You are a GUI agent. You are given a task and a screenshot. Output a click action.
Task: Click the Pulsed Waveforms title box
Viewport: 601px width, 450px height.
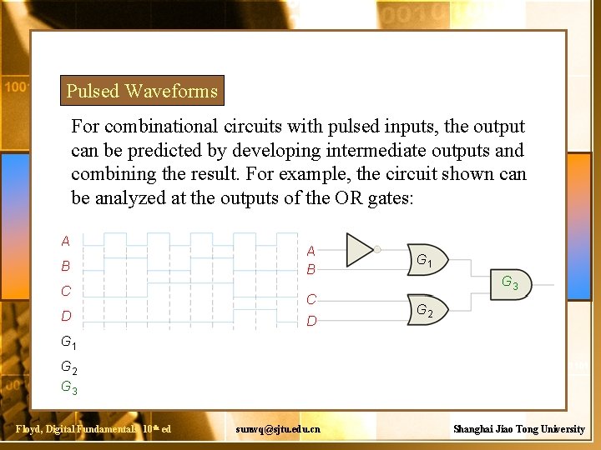point(142,91)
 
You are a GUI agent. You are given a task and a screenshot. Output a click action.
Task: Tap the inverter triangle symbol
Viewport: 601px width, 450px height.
point(359,248)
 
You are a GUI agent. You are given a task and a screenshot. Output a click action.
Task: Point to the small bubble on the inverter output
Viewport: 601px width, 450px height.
point(377,248)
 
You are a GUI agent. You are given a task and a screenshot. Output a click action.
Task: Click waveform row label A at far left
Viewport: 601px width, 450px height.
point(66,242)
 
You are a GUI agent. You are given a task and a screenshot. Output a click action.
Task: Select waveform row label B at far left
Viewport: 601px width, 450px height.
point(66,267)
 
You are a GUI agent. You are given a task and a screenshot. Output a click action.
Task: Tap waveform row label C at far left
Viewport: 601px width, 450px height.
point(66,292)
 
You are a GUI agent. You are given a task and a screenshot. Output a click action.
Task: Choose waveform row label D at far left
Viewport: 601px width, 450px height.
point(66,316)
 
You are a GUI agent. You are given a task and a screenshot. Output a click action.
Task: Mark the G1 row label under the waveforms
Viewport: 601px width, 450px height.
point(69,342)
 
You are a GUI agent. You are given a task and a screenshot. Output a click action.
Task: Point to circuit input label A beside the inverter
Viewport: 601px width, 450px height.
point(311,251)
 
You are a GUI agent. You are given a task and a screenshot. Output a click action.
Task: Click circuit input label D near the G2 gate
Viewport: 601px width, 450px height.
point(311,320)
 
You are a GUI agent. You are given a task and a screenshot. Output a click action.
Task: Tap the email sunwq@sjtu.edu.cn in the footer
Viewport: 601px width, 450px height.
point(277,428)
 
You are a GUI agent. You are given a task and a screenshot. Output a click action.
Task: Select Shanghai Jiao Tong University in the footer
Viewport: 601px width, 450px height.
point(518,428)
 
